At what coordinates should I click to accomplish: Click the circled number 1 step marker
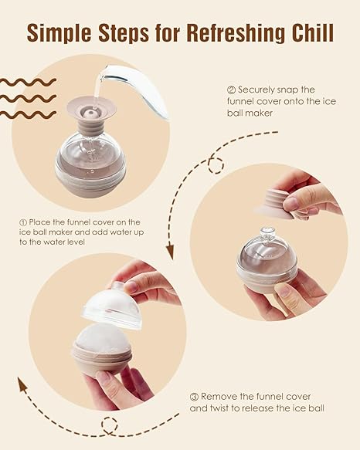pos(23,222)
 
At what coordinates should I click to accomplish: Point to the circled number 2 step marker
pos(231,90)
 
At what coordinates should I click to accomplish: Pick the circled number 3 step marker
pos(194,397)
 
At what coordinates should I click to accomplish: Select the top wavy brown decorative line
pos(28,83)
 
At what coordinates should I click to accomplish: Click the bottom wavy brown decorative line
pos(28,115)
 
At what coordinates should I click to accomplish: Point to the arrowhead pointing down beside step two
pos(170,252)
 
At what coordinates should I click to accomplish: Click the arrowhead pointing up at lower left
pos(22,385)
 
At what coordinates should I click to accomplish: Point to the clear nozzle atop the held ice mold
pos(267,233)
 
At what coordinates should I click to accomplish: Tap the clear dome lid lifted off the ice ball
pos(112,307)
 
